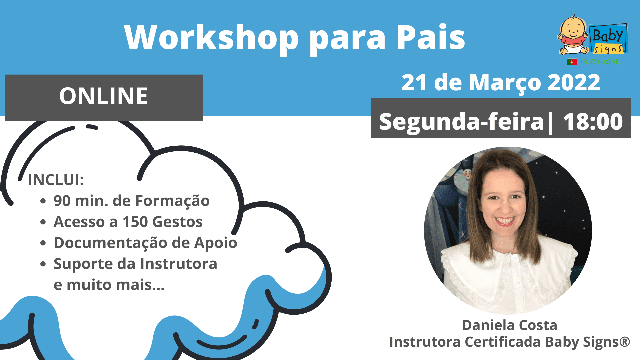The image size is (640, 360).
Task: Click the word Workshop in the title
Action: point(211,38)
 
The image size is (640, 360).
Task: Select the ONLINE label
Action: point(103,96)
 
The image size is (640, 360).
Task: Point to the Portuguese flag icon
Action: point(572,62)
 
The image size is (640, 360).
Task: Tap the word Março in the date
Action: point(505,83)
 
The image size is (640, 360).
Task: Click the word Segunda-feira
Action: point(462,122)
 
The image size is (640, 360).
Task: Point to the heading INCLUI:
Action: point(56,180)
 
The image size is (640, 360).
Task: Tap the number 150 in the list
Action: point(135,222)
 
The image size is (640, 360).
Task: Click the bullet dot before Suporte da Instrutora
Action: point(43,264)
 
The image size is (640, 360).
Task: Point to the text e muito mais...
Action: point(109,285)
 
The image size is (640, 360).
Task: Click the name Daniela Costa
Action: point(510,325)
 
